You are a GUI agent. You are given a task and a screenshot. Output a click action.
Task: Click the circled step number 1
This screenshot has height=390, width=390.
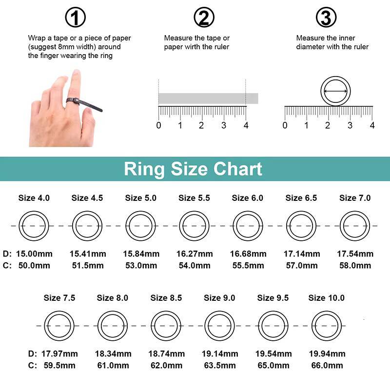[75, 18]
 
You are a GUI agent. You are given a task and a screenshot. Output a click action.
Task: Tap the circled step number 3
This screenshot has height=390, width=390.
[326, 18]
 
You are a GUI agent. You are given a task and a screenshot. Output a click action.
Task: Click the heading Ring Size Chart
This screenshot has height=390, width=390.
[193, 169]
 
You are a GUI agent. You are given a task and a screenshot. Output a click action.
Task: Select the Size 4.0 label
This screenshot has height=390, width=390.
[34, 198]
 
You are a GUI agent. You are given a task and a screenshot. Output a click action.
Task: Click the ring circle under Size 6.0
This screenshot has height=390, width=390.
[248, 226]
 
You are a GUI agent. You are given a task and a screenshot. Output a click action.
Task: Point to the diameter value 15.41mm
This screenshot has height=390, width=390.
[88, 254]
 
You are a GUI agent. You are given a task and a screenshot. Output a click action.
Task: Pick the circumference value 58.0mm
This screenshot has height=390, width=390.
[355, 266]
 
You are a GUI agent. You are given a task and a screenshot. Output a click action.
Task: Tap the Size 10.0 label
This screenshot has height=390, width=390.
[327, 298]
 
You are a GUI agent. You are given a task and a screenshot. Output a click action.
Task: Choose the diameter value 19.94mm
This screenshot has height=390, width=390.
[327, 354]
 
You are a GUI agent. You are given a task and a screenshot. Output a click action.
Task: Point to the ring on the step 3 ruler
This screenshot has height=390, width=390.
[335, 91]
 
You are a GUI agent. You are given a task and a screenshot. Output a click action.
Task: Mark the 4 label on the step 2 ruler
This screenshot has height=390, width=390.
[246, 125]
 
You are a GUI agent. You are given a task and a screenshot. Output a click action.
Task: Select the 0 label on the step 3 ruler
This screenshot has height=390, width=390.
[285, 125]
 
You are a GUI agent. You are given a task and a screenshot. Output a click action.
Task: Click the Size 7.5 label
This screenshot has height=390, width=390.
[59, 298]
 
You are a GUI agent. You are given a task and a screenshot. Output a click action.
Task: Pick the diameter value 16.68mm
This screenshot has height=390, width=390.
[248, 254]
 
